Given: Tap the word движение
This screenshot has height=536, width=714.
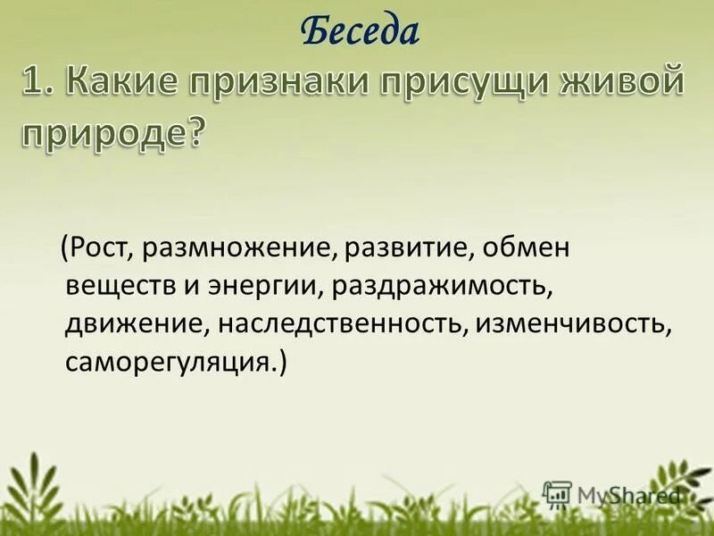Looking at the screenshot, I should pos(132,326).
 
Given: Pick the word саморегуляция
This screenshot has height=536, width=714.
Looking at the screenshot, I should pos(171,364).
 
